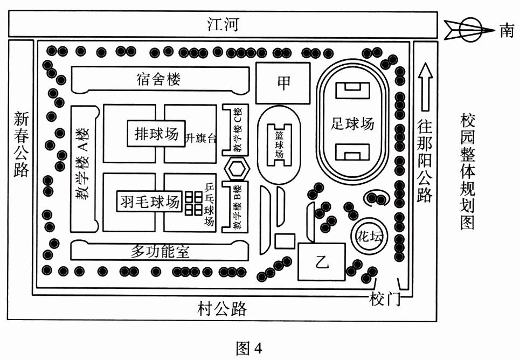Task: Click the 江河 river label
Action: coord(223,25)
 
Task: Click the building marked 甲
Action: coord(283,82)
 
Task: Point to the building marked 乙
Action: coord(322,262)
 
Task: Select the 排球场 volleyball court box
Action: coord(156,133)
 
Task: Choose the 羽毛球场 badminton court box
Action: coord(149,202)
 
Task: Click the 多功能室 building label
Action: coord(160,251)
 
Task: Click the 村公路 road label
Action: coord(222,309)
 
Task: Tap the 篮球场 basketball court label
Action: coord(279,143)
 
